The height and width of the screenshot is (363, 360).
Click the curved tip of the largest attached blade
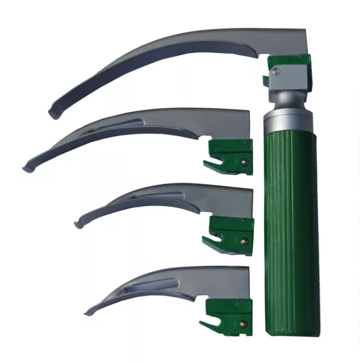pyautogui.click(x=52, y=113)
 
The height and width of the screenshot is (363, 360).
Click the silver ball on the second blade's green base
pyautogui.click(x=244, y=163)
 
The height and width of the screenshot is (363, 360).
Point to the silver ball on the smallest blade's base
pyautogui.click(x=244, y=324)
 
